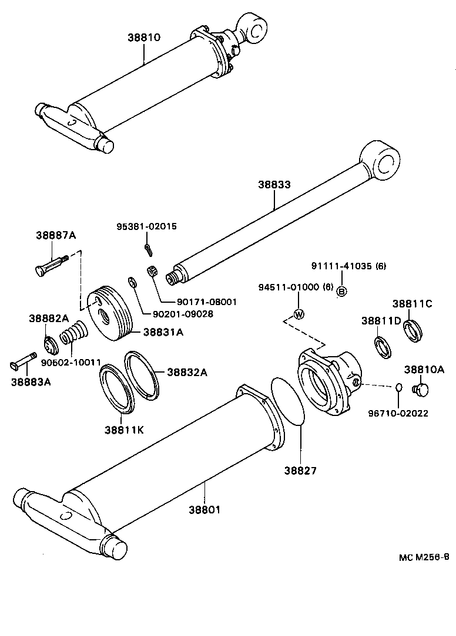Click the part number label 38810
(x=144, y=37)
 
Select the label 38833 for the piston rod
(x=274, y=184)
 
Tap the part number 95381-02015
(x=146, y=226)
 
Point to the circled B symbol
(x=343, y=291)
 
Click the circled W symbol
(x=299, y=313)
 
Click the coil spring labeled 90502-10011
(x=73, y=337)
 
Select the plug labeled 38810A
(x=421, y=389)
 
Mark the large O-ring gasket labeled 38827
(x=289, y=411)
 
